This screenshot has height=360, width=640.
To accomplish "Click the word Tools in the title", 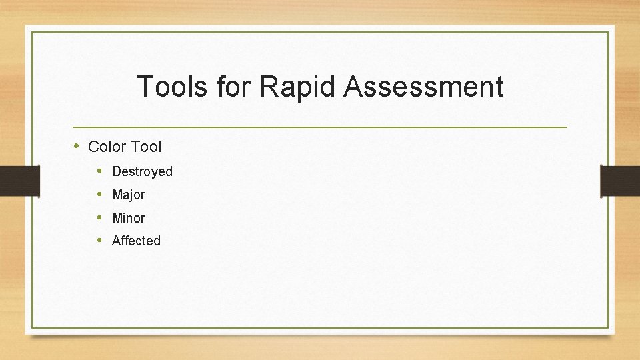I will click(x=171, y=87).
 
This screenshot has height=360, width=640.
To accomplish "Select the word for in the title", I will click(x=233, y=87).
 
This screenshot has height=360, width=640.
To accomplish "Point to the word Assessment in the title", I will click(x=423, y=87).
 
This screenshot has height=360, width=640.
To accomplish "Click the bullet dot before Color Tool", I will click(x=77, y=145).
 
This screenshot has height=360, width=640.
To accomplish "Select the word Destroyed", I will click(x=142, y=171).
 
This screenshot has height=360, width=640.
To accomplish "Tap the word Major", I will click(x=129, y=195).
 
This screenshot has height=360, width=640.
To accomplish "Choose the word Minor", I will click(x=129, y=218).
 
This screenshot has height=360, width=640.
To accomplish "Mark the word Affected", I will click(x=136, y=241).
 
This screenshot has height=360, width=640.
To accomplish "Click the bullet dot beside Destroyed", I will click(x=99, y=171).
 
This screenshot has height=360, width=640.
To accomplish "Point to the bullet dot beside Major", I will click(x=99, y=194).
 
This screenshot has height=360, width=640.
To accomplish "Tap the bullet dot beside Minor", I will click(x=99, y=217).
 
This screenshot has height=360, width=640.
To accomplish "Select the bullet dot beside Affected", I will click(x=99, y=240).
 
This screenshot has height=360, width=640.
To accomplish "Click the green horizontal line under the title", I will click(x=320, y=127).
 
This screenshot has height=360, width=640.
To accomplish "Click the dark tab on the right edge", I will click(x=620, y=181).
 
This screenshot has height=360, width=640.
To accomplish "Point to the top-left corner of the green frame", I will click(x=32, y=32).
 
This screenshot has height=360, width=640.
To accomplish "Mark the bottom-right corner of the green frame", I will click(x=608, y=327).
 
